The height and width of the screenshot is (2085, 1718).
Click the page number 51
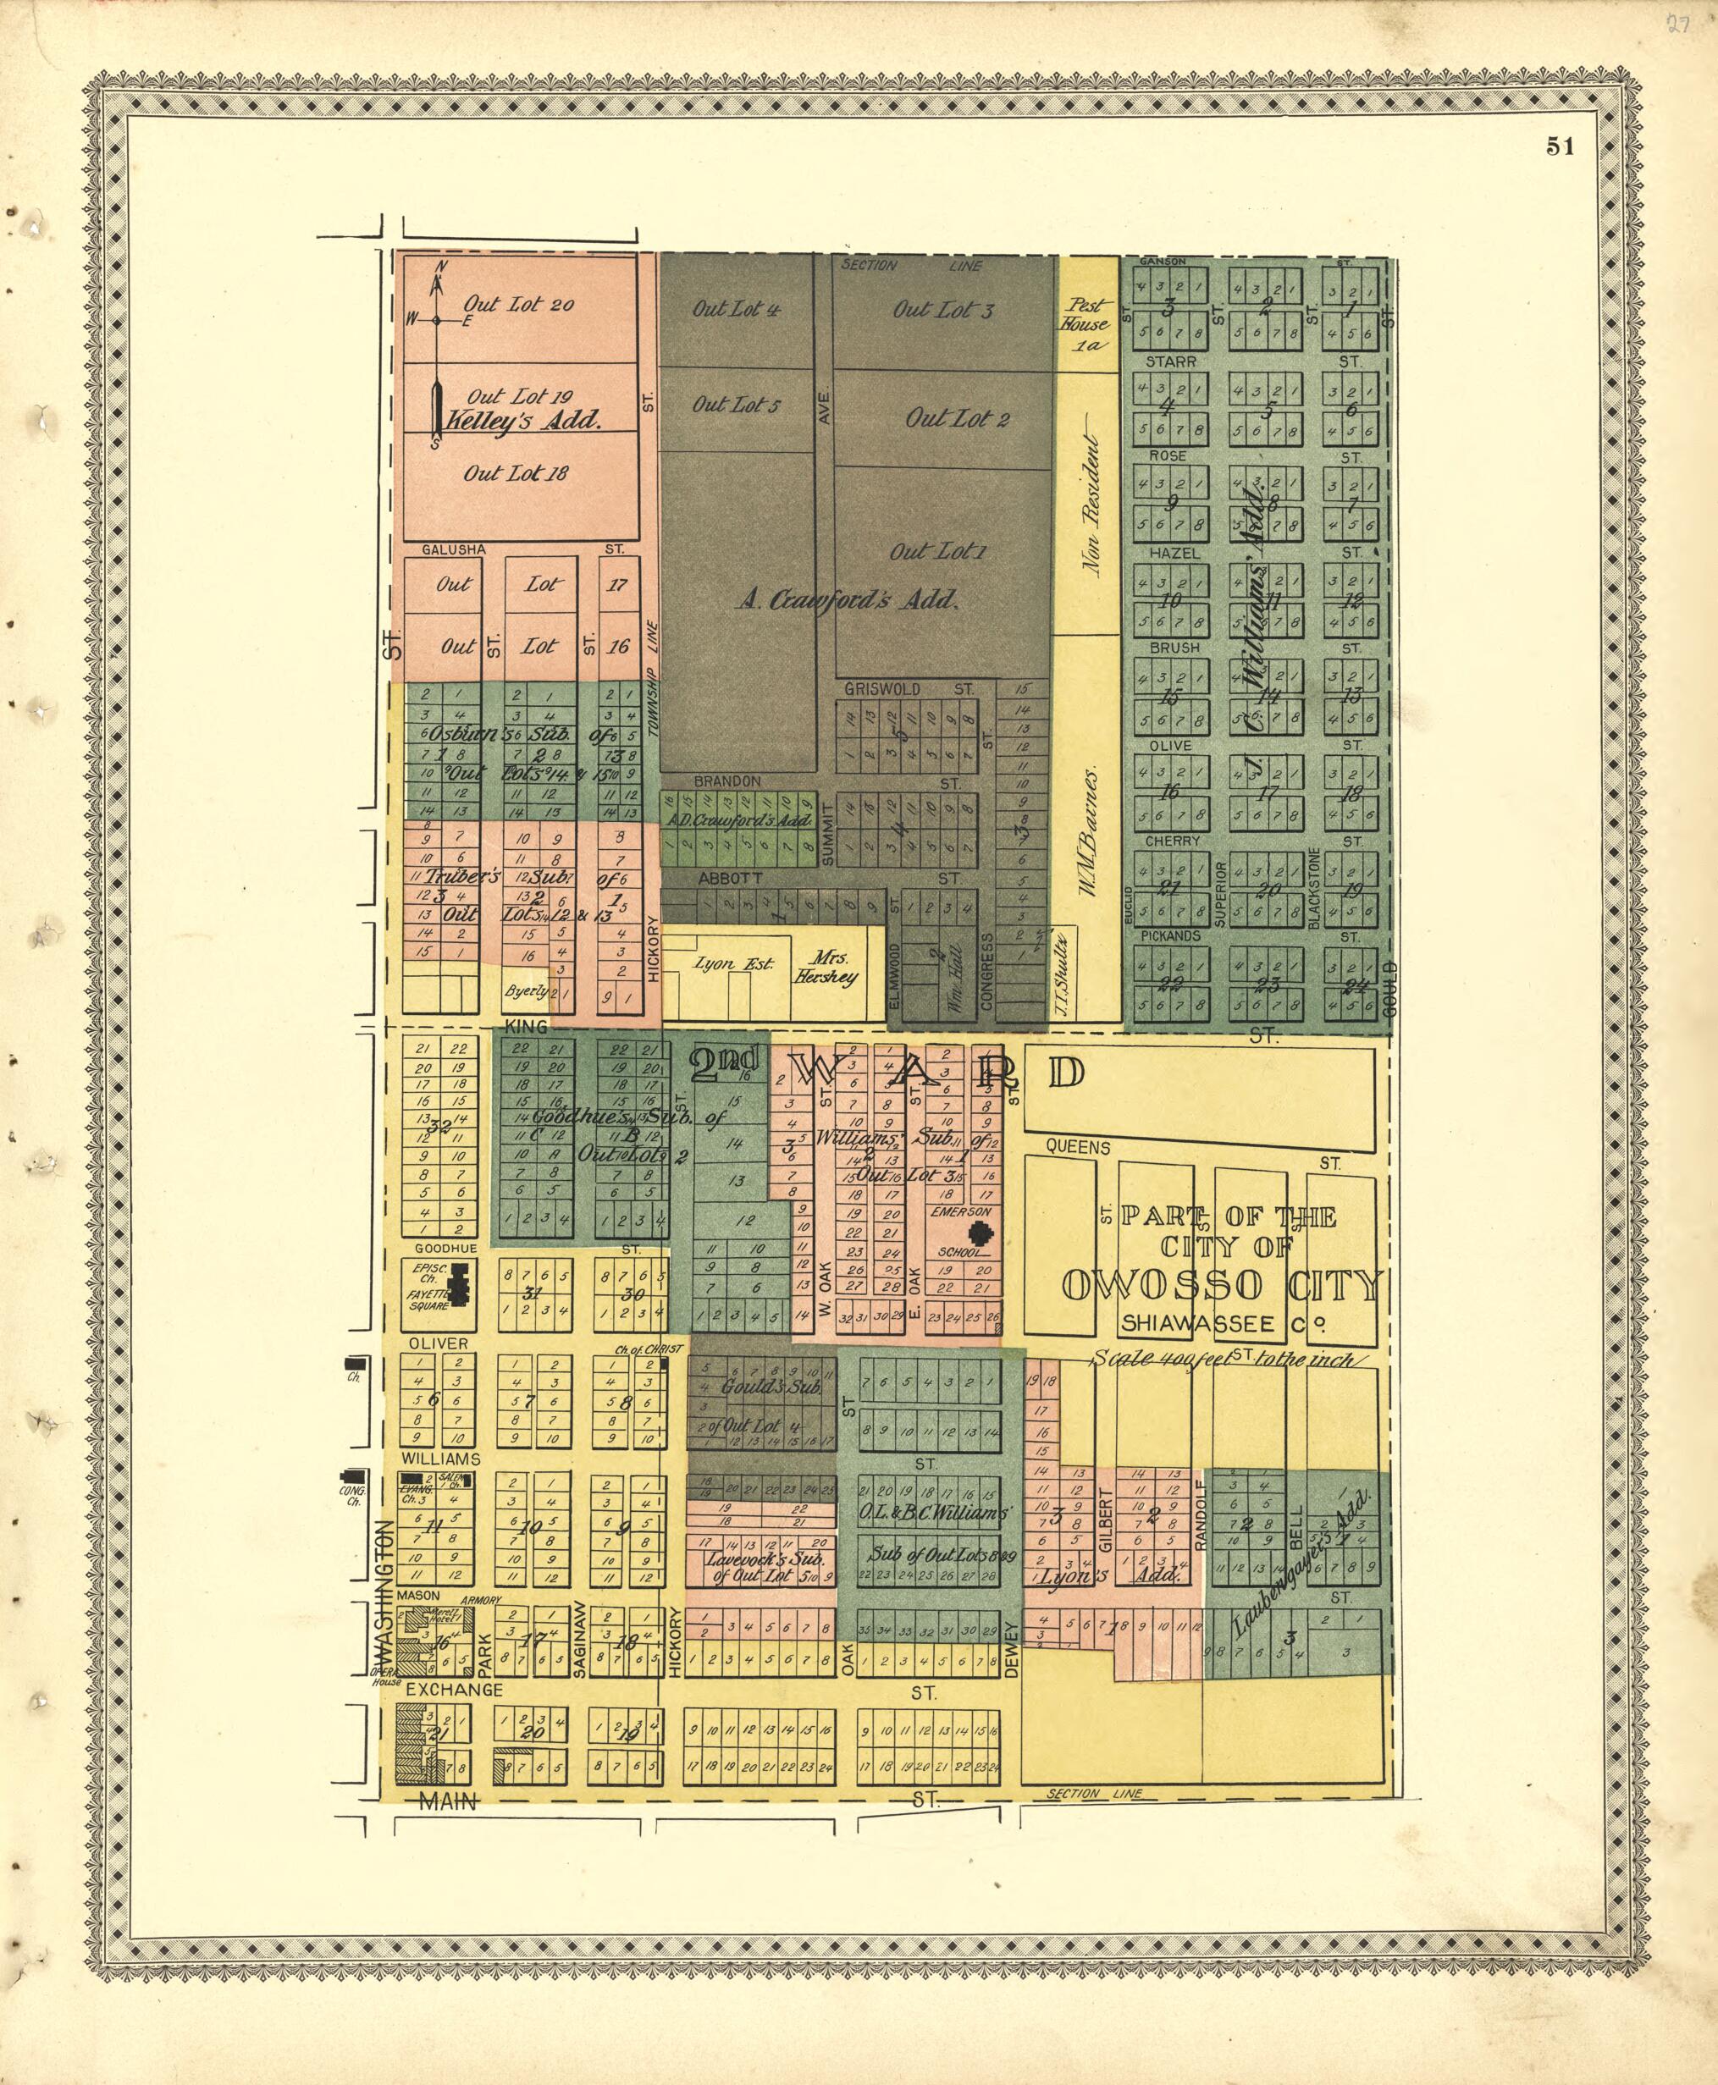1560,146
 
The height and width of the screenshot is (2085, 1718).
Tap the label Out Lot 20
518,305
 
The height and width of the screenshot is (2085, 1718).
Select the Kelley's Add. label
522,420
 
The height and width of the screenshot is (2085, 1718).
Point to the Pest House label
1086,315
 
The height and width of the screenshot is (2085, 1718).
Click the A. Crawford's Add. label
847,598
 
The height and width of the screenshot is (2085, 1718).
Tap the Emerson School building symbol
981,1235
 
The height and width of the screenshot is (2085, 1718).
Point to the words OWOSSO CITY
1221,1285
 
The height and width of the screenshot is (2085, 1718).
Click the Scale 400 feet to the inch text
1221,1360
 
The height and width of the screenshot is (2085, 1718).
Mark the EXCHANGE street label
454,1689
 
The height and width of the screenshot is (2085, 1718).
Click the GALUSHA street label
453,549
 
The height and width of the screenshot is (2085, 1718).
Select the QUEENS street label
1078,1147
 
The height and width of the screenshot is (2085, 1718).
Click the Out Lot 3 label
942,310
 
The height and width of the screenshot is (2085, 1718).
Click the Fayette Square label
429,1299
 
